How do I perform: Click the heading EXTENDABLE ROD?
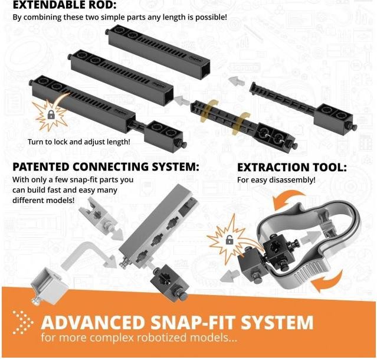tap(64, 4)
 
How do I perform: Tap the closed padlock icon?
tap(51, 114)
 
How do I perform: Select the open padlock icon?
tap(229, 240)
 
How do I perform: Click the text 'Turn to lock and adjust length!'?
tap(79, 142)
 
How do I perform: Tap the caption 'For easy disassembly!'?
tap(276, 180)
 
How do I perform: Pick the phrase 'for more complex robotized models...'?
tap(139, 337)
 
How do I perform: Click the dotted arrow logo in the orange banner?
tap(23, 322)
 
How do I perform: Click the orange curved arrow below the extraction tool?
tap(327, 280)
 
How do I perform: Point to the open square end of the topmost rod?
tap(205, 67)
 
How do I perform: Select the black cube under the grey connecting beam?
tap(169, 282)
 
